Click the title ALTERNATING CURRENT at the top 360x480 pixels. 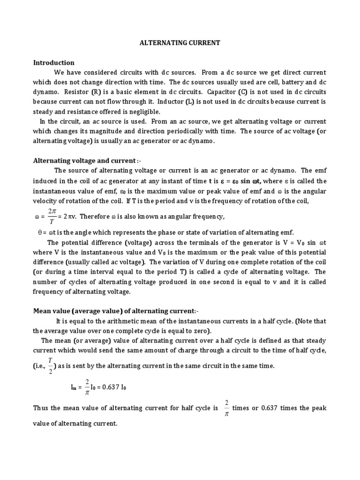click(180, 43)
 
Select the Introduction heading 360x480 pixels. click(53, 63)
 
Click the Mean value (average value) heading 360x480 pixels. click(112, 311)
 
